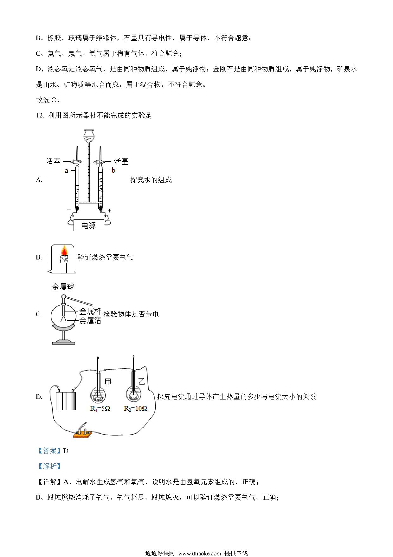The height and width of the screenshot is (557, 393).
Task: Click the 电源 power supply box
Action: (89, 225)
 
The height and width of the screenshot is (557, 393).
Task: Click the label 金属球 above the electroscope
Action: (63, 287)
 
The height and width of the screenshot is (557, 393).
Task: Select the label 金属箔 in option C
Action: (90, 321)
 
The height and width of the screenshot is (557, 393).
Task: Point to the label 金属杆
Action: (90, 311)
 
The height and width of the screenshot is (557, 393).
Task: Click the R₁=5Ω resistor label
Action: (100, 409)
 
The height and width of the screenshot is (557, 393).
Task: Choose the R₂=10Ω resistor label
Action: (136, 409)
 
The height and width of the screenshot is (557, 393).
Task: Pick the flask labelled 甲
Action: (99, 387)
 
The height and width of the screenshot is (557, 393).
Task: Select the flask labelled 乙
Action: (134, 387)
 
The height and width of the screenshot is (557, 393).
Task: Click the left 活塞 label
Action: (53, 161)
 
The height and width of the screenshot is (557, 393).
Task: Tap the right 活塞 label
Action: (121, 162)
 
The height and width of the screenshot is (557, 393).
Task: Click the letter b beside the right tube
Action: (113, 171)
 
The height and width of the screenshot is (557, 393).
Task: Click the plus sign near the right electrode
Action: (110, 211)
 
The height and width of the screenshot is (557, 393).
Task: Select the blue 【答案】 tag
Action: (49, 451)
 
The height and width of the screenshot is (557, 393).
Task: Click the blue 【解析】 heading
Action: (49, 466)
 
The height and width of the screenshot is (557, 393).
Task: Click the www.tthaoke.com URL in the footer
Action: (200, 554)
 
